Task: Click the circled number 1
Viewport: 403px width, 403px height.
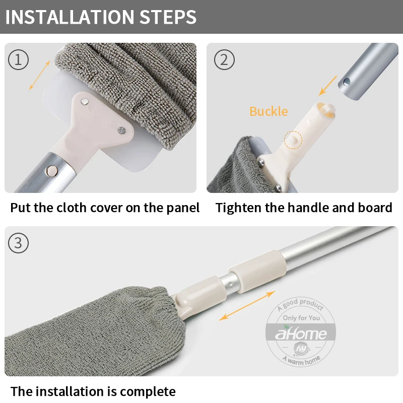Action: coord(18,60)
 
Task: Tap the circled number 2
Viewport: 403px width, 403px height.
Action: coord(224,60)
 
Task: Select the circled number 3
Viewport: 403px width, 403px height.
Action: coord(18,243)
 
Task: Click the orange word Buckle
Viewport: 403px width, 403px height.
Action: coord(268,111)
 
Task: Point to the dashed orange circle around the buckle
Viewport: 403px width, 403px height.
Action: coord(293,131)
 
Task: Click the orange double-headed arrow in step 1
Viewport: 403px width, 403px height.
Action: coord(39,75)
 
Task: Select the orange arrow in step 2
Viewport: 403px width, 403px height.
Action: coord(327,86)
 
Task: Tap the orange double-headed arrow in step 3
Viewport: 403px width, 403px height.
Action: coord(247,306)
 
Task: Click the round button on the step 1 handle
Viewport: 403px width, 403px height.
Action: coord(52,171)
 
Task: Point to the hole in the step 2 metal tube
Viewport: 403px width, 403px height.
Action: coord(347,82)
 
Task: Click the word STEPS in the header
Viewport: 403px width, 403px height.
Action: coord(168,17)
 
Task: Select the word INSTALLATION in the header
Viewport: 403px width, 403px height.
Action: coord(70,17)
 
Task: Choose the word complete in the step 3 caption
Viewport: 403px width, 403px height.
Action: coord(148,392)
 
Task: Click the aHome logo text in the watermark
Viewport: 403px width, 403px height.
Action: coord(301,333)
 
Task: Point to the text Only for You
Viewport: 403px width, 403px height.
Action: coord(301,318)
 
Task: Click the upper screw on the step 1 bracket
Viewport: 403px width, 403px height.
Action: coord(85,102)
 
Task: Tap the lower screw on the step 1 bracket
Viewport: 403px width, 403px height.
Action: coord(121,130)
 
